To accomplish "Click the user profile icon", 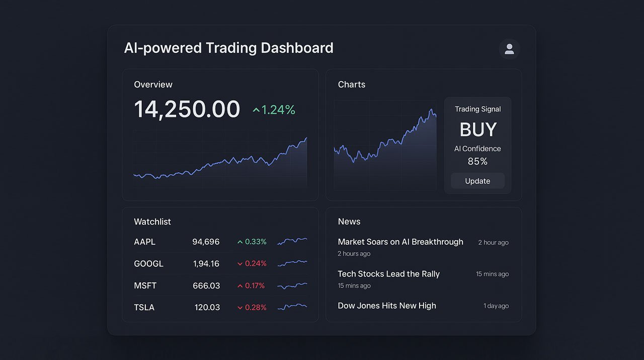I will pyautogui.click(x=509, y=49).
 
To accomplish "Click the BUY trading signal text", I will pyautogui.click(x=478, y=129).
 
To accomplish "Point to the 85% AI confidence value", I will pyautogui.click(x=477, y=161).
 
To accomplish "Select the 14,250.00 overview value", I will pyautogui.click(x=187, y=109).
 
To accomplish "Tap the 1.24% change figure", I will pyautogui.click(x=278, y=110).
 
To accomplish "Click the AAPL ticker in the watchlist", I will pyautogui.click(x=145, y=242).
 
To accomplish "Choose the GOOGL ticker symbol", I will pyautogui.click(x=148, y=263).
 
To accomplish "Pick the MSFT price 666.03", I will pyautogui.click(x=206, y=285).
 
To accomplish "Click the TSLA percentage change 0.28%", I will pyautogui.click(x=256, y=307).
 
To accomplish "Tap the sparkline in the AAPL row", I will pyautogui.click(x=292, y=241).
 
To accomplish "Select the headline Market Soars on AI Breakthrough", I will pyautogui.click(x=400, y=242).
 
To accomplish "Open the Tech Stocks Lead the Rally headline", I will pyautogui.click(x=389, y=274).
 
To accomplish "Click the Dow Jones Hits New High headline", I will pyautogui.click(x=387, y=306).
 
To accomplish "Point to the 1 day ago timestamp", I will pyautogui.click(x=496, y=306).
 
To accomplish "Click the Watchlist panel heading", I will pyautogui.click(x=152, y=222).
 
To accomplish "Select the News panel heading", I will pyautogui.click(x=349, y=222).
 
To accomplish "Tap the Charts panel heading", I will pyautogui.click(x=352, y=85).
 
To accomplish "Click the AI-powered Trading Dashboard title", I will pyautogui.click(x=229, y=48).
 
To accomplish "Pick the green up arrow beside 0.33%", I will pyautogui.click(x=240, y=242).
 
